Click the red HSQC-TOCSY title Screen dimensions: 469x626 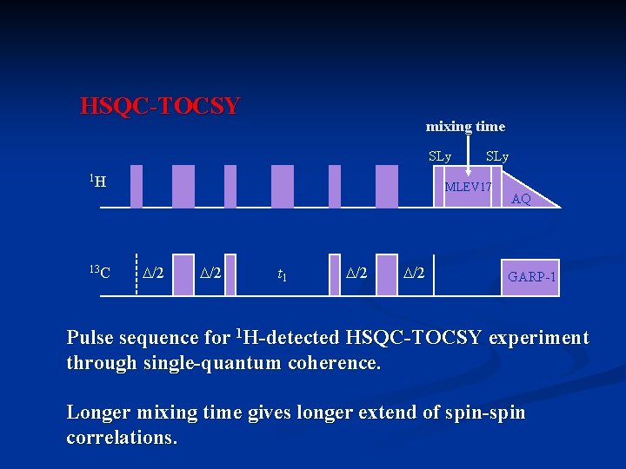(x=160, y=107)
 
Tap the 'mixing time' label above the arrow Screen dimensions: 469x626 (x=465, y=127)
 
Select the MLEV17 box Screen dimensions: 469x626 (x=468, y=188)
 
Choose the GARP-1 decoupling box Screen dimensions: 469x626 (x=531, y=277)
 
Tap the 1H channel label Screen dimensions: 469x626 (x=97, y=182)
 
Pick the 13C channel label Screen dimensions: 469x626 (x=99, y=274)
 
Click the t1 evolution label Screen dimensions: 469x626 (x=283, y=275)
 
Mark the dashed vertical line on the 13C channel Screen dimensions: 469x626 (x=137, y=274)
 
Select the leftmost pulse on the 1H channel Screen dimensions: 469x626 (x=137, y=187)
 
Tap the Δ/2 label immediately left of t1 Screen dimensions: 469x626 (x=210, y=274)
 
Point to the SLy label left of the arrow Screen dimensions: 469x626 (x=440, y=157)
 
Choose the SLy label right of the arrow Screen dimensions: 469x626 (x=497, y=157)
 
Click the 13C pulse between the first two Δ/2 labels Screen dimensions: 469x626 (x=183, y=274)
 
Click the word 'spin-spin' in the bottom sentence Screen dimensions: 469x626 (x=483, y=412)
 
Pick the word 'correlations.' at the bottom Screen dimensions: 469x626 (x=122, y=437)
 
